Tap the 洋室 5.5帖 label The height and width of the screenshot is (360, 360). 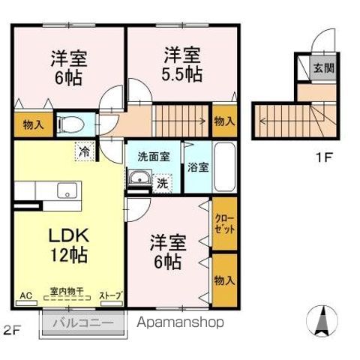[x=182, y=64]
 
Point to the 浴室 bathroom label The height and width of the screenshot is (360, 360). [x=199, y=166]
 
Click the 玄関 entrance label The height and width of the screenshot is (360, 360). [x=323, y=67]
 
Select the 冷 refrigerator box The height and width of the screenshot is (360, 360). [x=84, y=151]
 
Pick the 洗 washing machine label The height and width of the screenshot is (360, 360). [x=161, y=181]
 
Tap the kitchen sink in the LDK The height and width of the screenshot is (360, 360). [x=67, y=190]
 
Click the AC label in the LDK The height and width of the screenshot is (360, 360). [x=25, y=295]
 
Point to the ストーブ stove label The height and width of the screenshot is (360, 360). [x=110, y=295]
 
